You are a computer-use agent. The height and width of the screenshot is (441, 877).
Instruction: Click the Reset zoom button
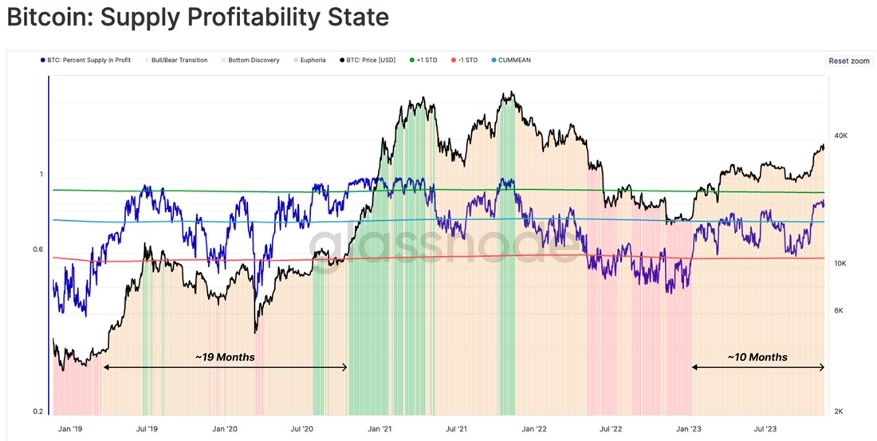848,61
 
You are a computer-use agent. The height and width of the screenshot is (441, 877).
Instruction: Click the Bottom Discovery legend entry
250,60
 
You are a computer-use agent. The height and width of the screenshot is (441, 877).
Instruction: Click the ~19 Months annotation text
225,357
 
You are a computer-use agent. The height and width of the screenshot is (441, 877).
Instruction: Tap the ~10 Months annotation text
757,357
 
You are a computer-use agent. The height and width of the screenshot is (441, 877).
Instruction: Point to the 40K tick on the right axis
840,136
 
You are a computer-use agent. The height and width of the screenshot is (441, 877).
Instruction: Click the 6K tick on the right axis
839,310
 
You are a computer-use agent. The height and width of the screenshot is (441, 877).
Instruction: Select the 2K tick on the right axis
839,411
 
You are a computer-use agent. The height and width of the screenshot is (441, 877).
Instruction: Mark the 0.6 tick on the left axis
37,250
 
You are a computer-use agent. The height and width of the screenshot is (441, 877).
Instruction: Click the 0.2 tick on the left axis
37,411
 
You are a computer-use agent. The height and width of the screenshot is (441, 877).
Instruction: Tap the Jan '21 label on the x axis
380,429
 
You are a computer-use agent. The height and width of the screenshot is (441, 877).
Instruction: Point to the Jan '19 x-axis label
70,429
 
